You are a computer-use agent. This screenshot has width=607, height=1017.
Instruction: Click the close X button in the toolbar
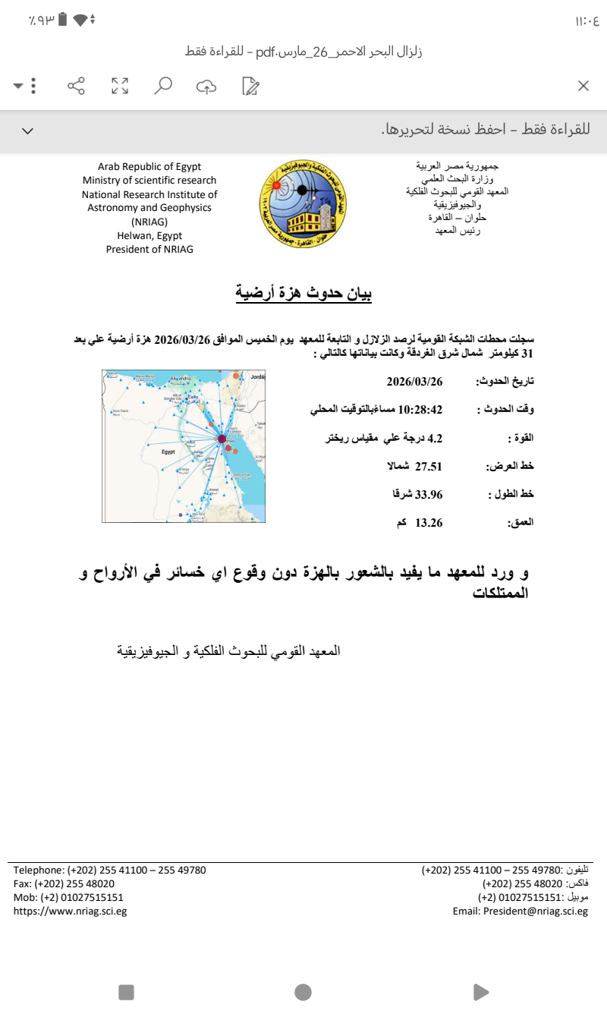[x=583, y=86]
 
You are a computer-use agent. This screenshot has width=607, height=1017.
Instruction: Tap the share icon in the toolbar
[x=77, y=86]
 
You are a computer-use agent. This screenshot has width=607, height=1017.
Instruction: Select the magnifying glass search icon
[x=163, y=86]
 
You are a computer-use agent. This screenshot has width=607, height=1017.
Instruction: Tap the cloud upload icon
[x=206, y=87]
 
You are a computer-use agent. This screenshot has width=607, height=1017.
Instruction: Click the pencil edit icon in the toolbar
[x=250, y=86]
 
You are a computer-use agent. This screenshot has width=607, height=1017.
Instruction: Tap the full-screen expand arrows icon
[x=120, y=86]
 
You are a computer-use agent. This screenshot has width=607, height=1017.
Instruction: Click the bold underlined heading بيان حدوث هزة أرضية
[x=303, y=293]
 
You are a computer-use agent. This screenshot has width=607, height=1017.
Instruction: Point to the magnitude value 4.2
[x=435, y=438]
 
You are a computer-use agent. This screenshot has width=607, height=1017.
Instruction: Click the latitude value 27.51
[x=428, y=466]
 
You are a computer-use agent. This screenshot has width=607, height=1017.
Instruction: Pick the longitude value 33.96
[x=428, y=494]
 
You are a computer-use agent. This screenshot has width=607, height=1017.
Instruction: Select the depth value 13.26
[x=428, y=522]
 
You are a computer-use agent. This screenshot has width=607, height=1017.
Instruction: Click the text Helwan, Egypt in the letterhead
[x=149, y=235]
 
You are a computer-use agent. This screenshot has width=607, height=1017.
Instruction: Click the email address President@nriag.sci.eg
[x=521, y=911]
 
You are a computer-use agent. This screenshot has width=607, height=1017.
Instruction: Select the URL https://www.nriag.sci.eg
[x=70, y=911]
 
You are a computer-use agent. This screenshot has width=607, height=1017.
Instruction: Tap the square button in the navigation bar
[x=126, y=992]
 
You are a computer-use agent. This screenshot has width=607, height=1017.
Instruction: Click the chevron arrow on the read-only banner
[x=28, y=131]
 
